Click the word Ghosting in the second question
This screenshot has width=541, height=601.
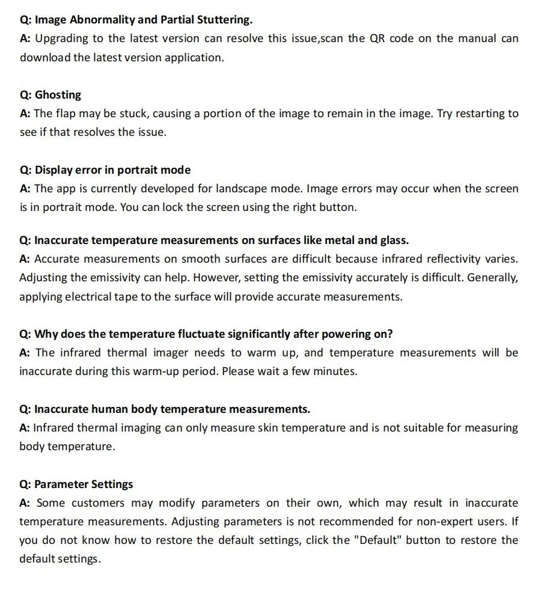tap(58, 95)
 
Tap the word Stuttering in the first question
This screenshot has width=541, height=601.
tap(224, 20)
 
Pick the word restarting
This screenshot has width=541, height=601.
tap(479, 114)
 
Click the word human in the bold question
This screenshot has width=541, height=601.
tap(112, 409)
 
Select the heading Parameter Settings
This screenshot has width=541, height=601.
tap(84, 484)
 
